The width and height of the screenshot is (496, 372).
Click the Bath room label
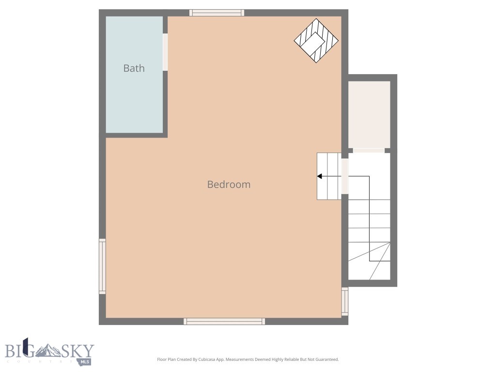134,68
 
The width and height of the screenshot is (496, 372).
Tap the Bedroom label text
229,185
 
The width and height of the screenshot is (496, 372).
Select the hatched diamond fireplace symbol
316,41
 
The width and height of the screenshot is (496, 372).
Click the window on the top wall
217,13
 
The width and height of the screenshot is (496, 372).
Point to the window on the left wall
102,266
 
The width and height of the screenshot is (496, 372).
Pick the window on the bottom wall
224,321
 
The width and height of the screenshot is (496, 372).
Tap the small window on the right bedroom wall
345,301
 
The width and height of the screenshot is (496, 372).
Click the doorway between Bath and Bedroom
165,52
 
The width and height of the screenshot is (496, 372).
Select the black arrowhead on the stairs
320,176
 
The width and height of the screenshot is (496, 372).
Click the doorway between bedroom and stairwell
345,176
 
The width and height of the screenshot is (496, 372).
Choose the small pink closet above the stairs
370,114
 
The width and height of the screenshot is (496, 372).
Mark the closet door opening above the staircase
369,151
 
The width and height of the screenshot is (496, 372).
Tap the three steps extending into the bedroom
329,176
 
